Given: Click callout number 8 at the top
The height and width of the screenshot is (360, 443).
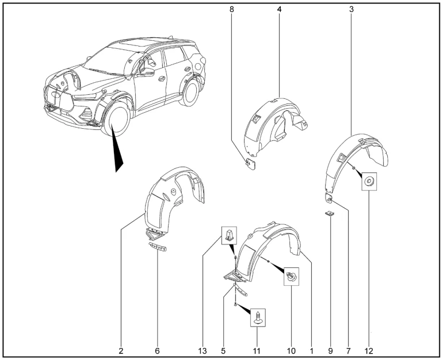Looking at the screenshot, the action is (x=232, y=9).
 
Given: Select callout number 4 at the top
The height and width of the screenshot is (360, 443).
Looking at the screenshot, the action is (x=279, y=9).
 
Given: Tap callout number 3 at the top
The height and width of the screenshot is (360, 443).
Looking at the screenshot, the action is (x=352, y=9).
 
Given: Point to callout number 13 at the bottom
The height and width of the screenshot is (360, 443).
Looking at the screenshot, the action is (x=203, y=351).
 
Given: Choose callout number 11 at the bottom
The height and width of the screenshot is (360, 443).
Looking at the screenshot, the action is (x=257, y=351).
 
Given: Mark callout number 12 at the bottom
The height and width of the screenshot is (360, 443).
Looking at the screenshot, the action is (x=369, y=351).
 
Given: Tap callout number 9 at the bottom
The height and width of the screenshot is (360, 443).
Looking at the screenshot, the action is (x=331, y=351).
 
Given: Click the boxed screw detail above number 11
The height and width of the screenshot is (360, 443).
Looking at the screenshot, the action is (x=258, y=317).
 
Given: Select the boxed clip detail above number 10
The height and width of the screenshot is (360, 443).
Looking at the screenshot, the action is (x=291, y=276).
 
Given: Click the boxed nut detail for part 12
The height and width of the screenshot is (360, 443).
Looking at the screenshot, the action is (x=369, y=182).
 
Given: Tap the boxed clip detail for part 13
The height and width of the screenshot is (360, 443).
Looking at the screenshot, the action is (x=230, y=236).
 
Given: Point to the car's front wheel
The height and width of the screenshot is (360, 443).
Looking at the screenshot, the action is (x=117, y=118).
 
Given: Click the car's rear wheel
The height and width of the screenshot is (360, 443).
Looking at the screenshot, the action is (x=190, y=93).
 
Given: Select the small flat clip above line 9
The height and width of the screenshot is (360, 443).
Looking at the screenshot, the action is (x=330, y=214).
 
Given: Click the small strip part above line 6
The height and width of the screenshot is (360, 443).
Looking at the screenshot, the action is (x=158, y=246).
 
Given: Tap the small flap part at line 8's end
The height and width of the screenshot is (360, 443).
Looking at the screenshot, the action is (x=250, y=164).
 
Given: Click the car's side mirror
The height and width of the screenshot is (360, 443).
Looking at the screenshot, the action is (x=147, y=72).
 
